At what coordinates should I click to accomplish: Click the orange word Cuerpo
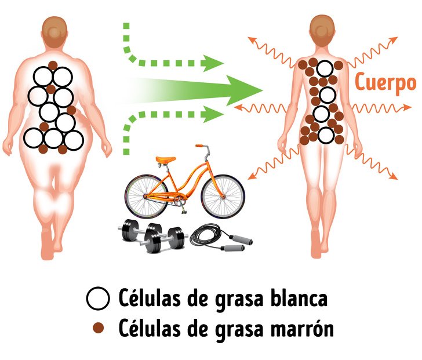[x=385, y=83]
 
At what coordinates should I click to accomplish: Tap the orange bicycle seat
[x=166, y=159]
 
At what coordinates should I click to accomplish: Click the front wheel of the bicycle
[x=223, y=197]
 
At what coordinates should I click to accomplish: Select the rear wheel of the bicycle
[x=147, y=197]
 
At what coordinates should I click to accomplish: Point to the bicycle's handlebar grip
[x=199, y=146]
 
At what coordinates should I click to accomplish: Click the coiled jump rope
[x=221, y=237]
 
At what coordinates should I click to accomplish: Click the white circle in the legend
[x=98, y=299]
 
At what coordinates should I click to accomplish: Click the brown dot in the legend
[x=98, y=328]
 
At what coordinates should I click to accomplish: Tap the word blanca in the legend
[x=299, y=297]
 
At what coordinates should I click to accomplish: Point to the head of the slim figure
[x=322, y=30]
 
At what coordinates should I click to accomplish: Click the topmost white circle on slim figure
[x=325, y=69]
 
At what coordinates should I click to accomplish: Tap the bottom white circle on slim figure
[x=326, y=135]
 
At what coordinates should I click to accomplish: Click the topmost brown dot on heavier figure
[x=53, y=66]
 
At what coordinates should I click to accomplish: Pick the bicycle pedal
[x=185, y=213]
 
